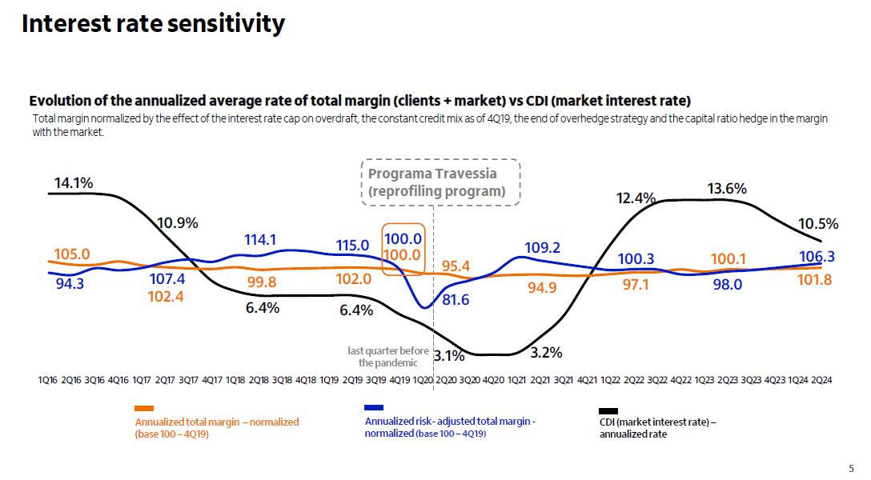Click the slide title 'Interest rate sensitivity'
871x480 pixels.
[x=153, y=24]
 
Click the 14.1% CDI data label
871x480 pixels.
[x=73, y=183]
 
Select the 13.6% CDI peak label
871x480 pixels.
[x=727, y=189]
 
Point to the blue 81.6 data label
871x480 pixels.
[x=456, y=300]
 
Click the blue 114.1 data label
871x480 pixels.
[x=260, y=239]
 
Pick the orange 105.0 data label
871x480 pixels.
[x=71, y=254]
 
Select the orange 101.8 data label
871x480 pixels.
[x=816, y=279]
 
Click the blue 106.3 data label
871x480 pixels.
[x=816, y=256]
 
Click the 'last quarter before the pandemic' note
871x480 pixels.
[x=388, y=357]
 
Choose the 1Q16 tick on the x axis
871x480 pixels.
[x=48, y=381]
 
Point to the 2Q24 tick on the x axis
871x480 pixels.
[x=821, y=381]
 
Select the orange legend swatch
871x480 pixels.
[x=144, y=409]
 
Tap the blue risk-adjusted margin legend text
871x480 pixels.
[x=450, y=427]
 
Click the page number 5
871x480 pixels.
[x=851, y=469]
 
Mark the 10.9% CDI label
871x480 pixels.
[x=177, y=222]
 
